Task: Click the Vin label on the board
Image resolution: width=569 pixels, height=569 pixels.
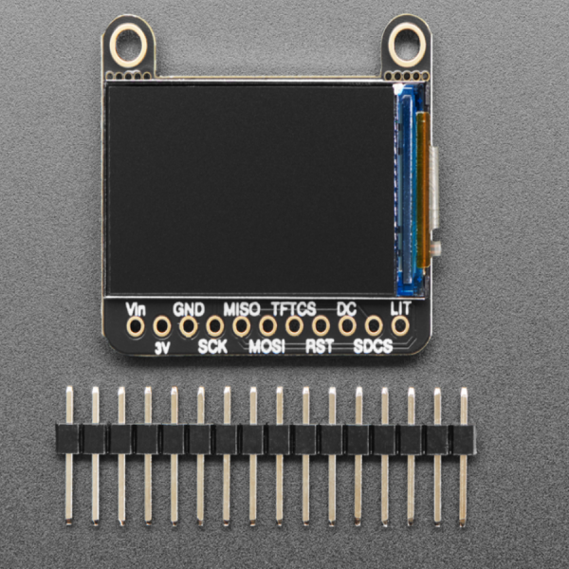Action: [136, 309]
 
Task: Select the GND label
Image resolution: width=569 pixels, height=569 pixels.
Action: [189, 309]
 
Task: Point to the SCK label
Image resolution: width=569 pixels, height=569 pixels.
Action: [212, 346]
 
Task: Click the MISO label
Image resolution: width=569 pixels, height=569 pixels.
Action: [242, 309]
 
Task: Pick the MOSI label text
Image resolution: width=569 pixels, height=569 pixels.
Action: [266, 346]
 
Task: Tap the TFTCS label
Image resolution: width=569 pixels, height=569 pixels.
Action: [294, 309]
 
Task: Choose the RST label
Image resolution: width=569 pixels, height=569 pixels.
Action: [320, 346]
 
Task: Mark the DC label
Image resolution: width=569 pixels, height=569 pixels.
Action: [346, 309]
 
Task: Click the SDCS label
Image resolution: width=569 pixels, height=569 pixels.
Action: [373, 346]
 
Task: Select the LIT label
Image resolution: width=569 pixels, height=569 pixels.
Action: [400, 309]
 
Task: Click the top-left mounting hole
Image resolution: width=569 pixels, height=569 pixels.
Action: [128, 43]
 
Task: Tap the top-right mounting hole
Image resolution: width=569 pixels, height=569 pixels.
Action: [408, 41]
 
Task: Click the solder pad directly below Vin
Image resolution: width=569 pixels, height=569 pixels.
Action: [136, 327]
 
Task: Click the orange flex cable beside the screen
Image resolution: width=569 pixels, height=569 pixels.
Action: [424, 190]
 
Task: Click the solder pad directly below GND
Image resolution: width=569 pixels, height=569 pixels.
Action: [189, 327]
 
